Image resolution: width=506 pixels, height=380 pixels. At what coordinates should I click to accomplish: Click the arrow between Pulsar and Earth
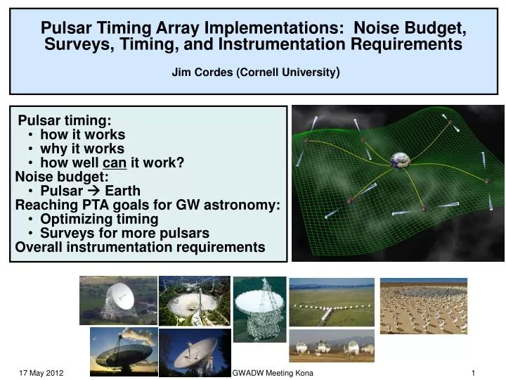click(92, 191)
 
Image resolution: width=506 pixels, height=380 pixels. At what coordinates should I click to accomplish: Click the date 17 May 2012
click(40, 372)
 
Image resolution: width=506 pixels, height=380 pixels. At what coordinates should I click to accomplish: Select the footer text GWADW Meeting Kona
click(273, 372)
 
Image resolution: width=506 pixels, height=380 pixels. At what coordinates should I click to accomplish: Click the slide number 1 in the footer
click(474, 372)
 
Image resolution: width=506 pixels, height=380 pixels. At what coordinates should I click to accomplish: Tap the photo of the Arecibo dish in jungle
click(195, 300)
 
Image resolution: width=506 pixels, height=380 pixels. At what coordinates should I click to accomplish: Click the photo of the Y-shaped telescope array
click(331, 301)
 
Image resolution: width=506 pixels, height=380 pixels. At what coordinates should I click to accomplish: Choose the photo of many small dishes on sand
click(423, 305)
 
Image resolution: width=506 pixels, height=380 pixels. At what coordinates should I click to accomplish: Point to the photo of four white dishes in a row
click(331, 346)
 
